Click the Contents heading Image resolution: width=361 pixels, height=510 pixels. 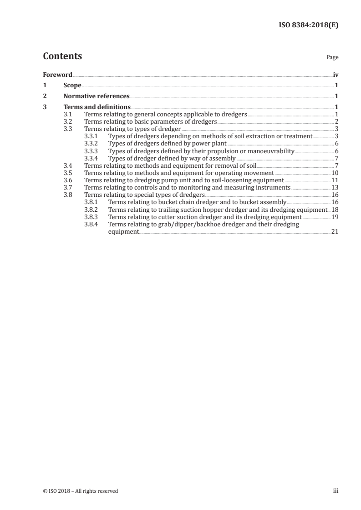62,56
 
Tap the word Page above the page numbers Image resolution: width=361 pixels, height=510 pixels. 332,58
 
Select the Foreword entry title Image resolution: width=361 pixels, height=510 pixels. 57,75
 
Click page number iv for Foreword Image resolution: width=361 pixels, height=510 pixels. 335,75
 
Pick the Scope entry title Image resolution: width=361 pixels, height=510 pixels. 72,85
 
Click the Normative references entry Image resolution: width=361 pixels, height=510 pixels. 97,96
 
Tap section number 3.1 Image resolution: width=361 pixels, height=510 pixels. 68,114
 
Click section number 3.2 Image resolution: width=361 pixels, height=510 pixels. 68,121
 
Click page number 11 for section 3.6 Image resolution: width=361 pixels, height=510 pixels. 335,180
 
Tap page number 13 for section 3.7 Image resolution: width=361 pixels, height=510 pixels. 335,187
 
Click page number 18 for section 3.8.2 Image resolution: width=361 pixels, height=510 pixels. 335,210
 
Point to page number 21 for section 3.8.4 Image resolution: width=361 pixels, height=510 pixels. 335,232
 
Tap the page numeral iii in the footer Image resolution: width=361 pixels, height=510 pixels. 336,491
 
